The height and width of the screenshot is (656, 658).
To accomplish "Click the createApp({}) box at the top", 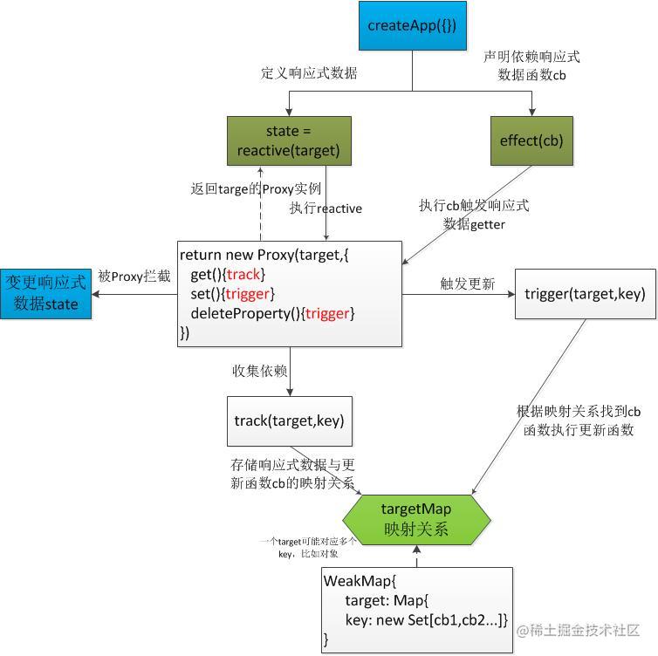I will pyautogui.click(x=412, y=25).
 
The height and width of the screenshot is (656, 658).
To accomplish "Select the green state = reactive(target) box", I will pyautogui.click(x=289, y=140).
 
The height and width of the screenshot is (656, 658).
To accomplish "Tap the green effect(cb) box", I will pyautogui.click(x=531, y=140).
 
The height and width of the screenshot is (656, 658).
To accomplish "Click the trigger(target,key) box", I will pyautogui.click(x=585, y=294).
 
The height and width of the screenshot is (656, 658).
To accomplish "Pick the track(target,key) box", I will pyautogui.click(x=289, y=421).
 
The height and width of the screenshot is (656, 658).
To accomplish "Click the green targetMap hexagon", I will pyautogui.click(x=416, y=518).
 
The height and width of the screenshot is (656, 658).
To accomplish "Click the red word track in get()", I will pyautogui.click(x=243, y=275).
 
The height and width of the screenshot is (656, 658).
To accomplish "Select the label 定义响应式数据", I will pyautogui.click(x=309, y=74).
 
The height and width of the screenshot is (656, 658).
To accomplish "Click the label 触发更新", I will pyautogui.click(x=468, y=284).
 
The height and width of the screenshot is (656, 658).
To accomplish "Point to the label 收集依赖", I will pyautogui.click(x=259, y=371).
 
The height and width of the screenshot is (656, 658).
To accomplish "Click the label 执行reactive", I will pyautogui.click(x=326, y=208).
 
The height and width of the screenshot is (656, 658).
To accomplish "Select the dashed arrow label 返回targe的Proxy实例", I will pyautogui.click(x=256, y=188).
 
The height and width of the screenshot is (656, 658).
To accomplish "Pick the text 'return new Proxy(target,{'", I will pyautogui.click(x=264, y=256).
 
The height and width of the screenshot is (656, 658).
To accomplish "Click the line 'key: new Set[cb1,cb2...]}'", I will pyautogui.click(x=426, y=620).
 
